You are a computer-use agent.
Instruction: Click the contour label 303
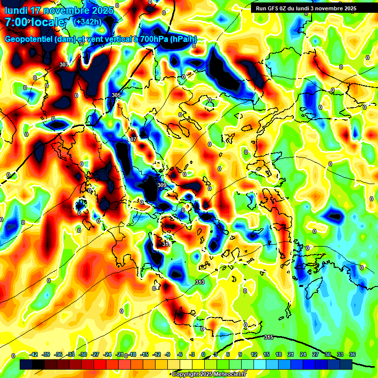pyautogui.click(x=63, y=64)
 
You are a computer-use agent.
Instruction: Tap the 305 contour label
pyautogui.click(x=116, y=95)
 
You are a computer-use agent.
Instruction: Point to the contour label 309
pyautogui.click(x=162, y=185)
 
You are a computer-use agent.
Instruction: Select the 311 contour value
pyautogui.click(x=166, y=244)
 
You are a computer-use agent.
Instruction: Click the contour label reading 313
pyautogui.click(x=199, y=282)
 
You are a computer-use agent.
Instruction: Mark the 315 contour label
pyautogui.click(x=268, y=337)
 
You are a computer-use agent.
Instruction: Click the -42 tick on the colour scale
pyautogui.click(x=34, y=354)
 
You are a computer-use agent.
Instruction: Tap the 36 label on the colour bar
pyautogui.click(x=353, y=354)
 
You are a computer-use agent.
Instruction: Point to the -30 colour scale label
pyautogui.click(x=83, y=354)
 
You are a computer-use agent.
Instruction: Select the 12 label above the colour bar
pyautogui.click(x=254, y=354)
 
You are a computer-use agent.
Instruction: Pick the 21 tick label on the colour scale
pyautogui.click(x=291, y=354)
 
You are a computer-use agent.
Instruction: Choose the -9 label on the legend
pyautogui.click(x=168, y=354)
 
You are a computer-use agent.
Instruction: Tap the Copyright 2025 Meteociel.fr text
pyautogui.click(x=209, y=375)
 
